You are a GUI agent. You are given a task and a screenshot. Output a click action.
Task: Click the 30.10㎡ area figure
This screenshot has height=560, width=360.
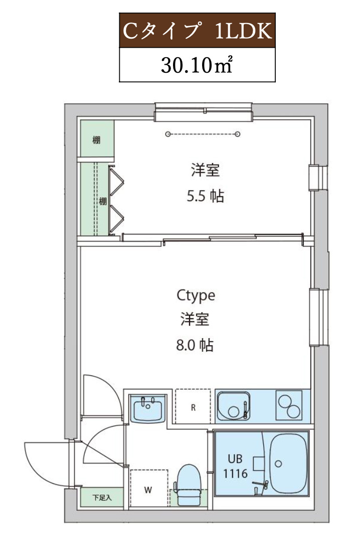197,65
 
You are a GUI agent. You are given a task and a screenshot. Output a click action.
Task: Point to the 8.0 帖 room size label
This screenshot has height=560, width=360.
195,345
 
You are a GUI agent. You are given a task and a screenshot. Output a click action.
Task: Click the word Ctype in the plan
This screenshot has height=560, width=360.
196,296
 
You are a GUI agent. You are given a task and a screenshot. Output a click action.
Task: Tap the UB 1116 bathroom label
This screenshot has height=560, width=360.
235,465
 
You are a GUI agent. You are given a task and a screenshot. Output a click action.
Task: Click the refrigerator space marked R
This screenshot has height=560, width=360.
193,407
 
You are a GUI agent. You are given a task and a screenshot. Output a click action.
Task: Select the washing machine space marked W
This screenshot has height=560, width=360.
148,490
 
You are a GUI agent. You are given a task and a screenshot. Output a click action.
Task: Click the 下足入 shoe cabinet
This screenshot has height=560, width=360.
102,498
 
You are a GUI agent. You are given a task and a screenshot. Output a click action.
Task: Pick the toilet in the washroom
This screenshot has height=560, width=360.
189,484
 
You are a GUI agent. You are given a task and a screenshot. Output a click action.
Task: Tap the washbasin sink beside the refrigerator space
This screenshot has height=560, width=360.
147,408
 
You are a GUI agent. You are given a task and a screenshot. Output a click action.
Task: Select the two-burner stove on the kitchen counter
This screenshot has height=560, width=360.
288,405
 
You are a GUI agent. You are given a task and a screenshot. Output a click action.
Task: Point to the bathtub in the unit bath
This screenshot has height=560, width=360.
288,462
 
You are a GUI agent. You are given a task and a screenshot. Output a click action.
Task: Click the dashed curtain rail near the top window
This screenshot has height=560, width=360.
203,134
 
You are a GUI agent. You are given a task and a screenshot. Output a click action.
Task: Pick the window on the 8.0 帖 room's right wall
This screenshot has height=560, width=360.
319,317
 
